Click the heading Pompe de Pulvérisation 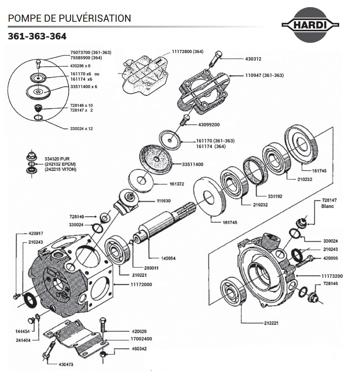(x=69, y=18)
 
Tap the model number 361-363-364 (x=37, y=36)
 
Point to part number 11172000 (x=139, y=284)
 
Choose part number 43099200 (x=209, y=125)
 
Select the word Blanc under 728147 (x=327, y=206)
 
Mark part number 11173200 (x=332, y=276)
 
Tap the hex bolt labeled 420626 (x=104, y=326)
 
